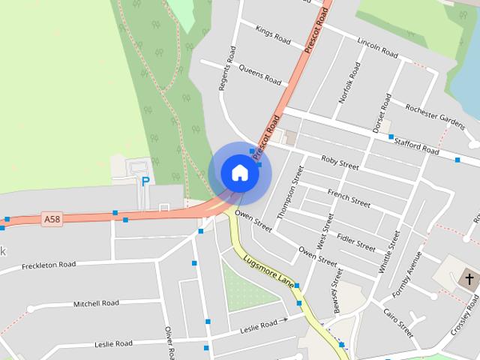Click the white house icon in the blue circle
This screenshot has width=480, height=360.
coord(239,172)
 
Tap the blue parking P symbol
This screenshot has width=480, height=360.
coord(145,181)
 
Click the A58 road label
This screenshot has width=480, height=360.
coord(52,219)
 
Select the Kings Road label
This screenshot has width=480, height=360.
coord(272,34)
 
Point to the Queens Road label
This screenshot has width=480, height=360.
coord(259,73)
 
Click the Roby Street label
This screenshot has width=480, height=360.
coord(340,161)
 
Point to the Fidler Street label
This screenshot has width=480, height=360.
coord(355,241)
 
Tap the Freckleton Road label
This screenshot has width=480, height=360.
coord(49,265)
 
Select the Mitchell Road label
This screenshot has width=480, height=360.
coord(96,304)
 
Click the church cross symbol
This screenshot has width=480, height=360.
coord(469,280)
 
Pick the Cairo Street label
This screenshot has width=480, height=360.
coord(398,323)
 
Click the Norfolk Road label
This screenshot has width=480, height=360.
coord(344,82)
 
